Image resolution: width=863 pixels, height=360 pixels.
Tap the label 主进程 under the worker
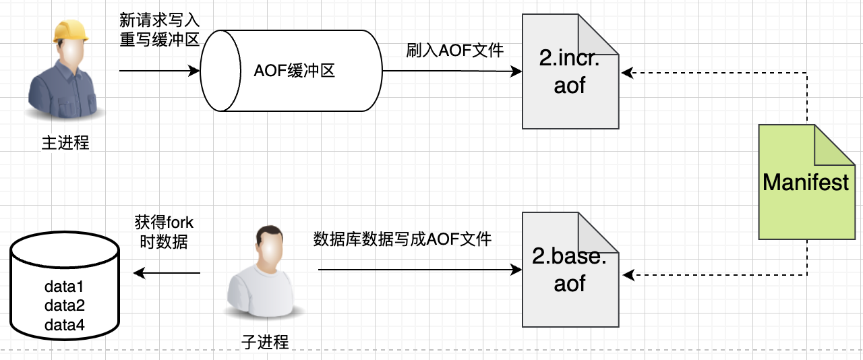(65, 143)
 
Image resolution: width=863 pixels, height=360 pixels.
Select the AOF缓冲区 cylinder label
(295, 71)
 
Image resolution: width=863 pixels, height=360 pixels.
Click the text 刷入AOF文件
(455, 50)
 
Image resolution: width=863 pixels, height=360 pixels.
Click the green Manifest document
(806, 182)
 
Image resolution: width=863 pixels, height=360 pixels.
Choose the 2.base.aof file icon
(570, 269)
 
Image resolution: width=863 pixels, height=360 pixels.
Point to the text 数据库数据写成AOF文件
(403, 239)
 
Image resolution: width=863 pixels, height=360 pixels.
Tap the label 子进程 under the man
(265, 341)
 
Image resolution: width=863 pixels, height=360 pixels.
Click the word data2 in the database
(64, 306)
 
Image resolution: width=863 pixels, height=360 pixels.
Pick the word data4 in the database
(64, 325)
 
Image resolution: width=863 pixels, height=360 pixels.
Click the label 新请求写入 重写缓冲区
(160, 29)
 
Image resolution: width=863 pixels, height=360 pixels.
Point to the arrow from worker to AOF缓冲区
(160, 70)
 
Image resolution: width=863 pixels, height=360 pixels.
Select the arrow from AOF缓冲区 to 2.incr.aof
(452, 71)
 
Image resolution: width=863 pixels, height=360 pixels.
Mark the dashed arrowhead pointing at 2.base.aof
(626, 274)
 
